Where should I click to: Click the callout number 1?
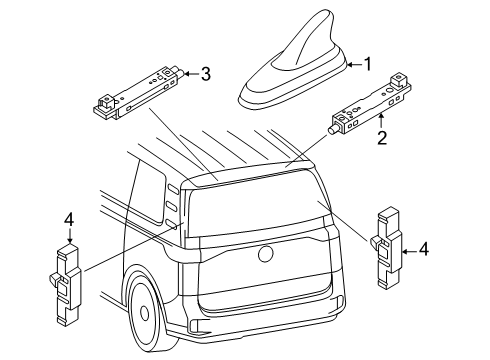[367, 64]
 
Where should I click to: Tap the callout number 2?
[382, 138]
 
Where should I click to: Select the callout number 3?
[206, 74]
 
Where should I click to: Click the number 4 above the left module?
[69, 220]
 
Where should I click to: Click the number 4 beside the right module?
[423, 249]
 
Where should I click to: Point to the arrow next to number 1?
[354, 65]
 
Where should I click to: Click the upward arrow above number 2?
[382, 120]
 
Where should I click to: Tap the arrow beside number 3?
[191, 74]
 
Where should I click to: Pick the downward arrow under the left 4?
[69, 236]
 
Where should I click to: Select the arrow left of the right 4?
[409, 252]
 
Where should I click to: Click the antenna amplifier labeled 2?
[369, 103]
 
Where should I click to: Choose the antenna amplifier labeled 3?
[139, 92]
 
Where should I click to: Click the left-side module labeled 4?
[66, 284]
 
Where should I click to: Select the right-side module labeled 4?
[387, 247]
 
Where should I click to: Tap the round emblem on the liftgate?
[266, 254]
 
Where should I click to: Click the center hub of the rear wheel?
[145, 313]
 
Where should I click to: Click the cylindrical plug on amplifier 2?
[332, 130]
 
